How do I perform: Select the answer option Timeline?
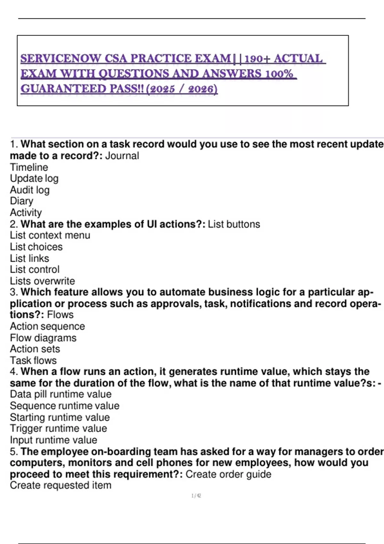tap(29, 167)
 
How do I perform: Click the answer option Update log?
tap(34, 179)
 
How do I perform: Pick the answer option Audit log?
tap(30, 190)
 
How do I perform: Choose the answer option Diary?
tap(21, 201)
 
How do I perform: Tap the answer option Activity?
tap(26, 212)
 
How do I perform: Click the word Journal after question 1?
tap(122, 156)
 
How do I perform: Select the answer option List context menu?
tap(50, 235)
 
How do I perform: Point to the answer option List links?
tap(29, 258)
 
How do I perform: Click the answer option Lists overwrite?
tap(42, 281)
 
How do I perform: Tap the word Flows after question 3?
tap(60, 315)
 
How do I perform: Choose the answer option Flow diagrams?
tap(43, 338)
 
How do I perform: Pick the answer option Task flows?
tap(33, 360)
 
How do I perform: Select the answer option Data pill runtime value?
tap(61, 394)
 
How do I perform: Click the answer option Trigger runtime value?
tap(58, 428)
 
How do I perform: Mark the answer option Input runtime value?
tap(53, 440)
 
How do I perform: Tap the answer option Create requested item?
tap(60, 485)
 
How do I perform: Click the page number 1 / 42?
tap(196, 496)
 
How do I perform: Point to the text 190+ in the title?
tap(257, 59)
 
